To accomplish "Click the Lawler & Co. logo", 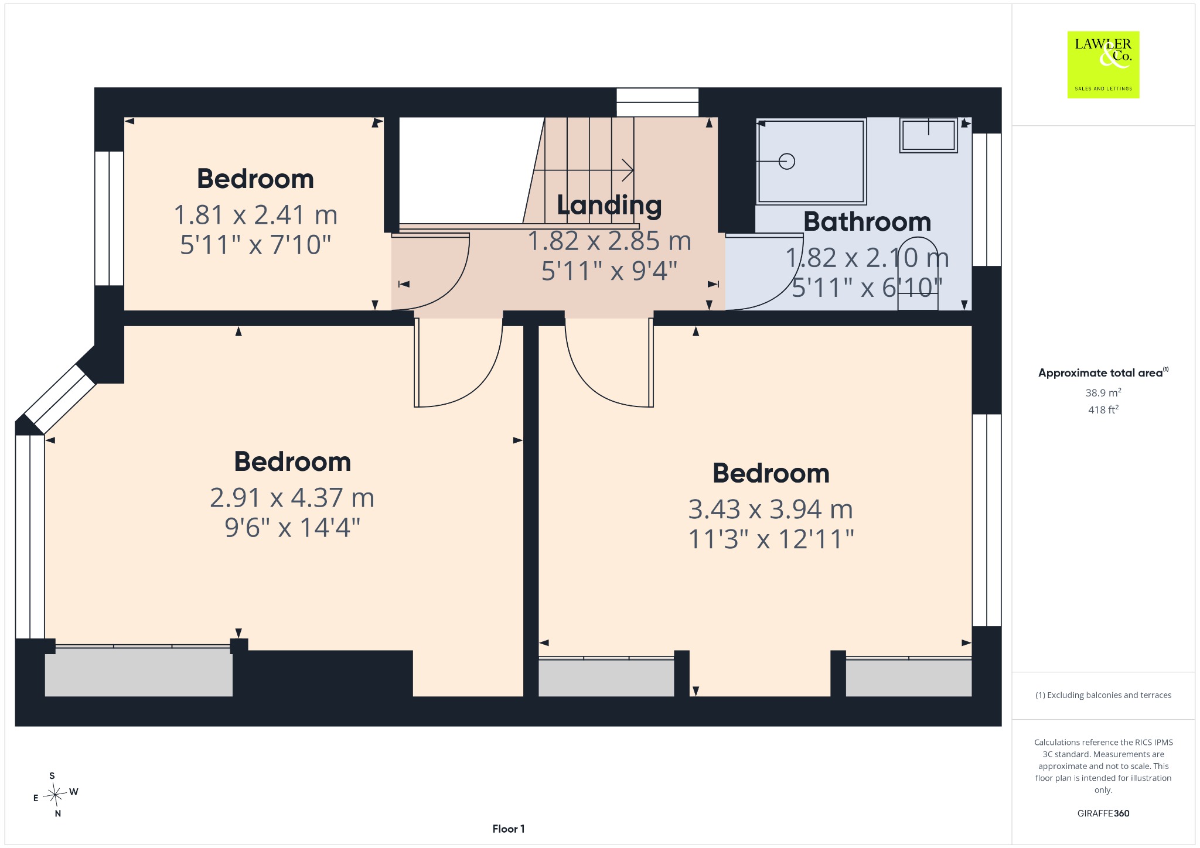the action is [1103, 64].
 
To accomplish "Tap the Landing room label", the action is [609, 205].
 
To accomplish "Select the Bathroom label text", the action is [867, 221].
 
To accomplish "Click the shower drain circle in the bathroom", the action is [787, 161].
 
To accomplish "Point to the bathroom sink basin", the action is [929, 135].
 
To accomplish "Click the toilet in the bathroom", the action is [918, 273].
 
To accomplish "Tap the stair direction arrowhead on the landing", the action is [629, 170].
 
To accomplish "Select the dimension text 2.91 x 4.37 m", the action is [292, 498].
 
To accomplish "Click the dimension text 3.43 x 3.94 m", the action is [771, 510].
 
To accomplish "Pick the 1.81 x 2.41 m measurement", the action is [255, 215].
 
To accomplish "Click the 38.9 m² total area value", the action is [1103, 392].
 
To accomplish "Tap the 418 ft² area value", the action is [1103, 410].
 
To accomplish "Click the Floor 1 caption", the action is [509, 829].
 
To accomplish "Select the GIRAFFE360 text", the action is [1103, 813].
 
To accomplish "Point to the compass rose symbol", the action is [55, 795].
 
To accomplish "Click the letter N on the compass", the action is [57, 813].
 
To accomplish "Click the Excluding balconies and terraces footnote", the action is [1103, 695].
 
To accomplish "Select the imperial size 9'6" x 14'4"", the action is [292, 528].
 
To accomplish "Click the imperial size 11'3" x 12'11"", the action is [771, 539].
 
